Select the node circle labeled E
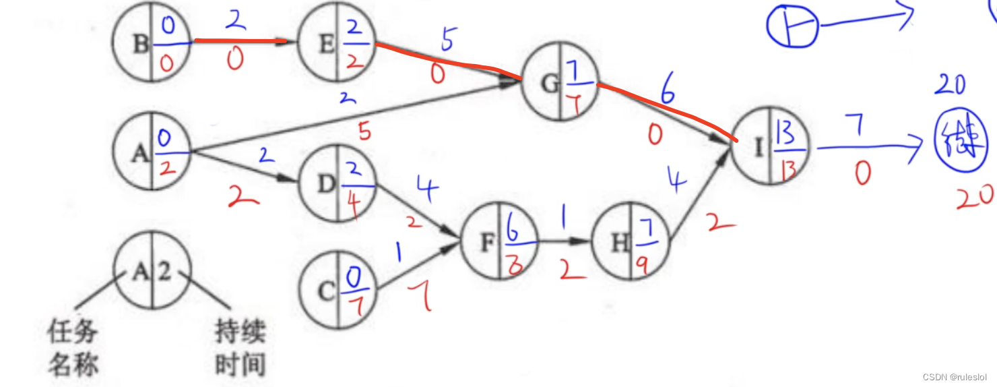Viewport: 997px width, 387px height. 335,45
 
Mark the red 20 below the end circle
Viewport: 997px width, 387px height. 974,197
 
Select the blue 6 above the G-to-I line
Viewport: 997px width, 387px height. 668,92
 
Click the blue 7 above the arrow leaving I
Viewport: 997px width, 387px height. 859,128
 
